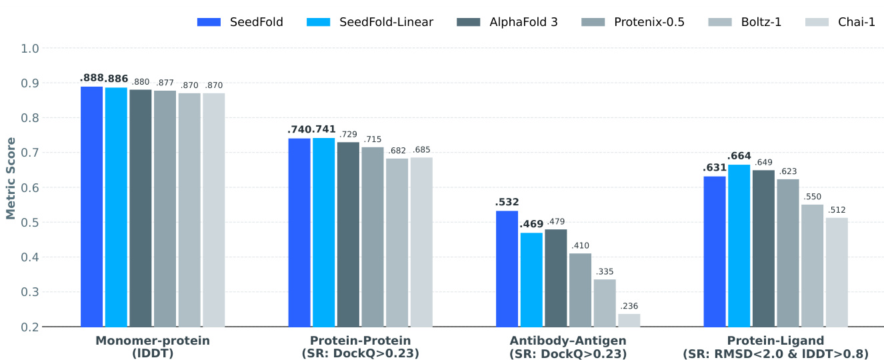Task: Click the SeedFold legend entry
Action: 240,22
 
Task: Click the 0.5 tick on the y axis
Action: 31,222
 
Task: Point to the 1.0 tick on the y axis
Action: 31,49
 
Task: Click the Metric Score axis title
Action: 11,178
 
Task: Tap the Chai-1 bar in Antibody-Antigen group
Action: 629,320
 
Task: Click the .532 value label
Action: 507,202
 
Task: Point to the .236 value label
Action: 629,306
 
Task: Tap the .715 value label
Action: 373,139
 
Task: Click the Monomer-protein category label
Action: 153,347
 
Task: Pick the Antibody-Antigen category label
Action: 568,347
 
